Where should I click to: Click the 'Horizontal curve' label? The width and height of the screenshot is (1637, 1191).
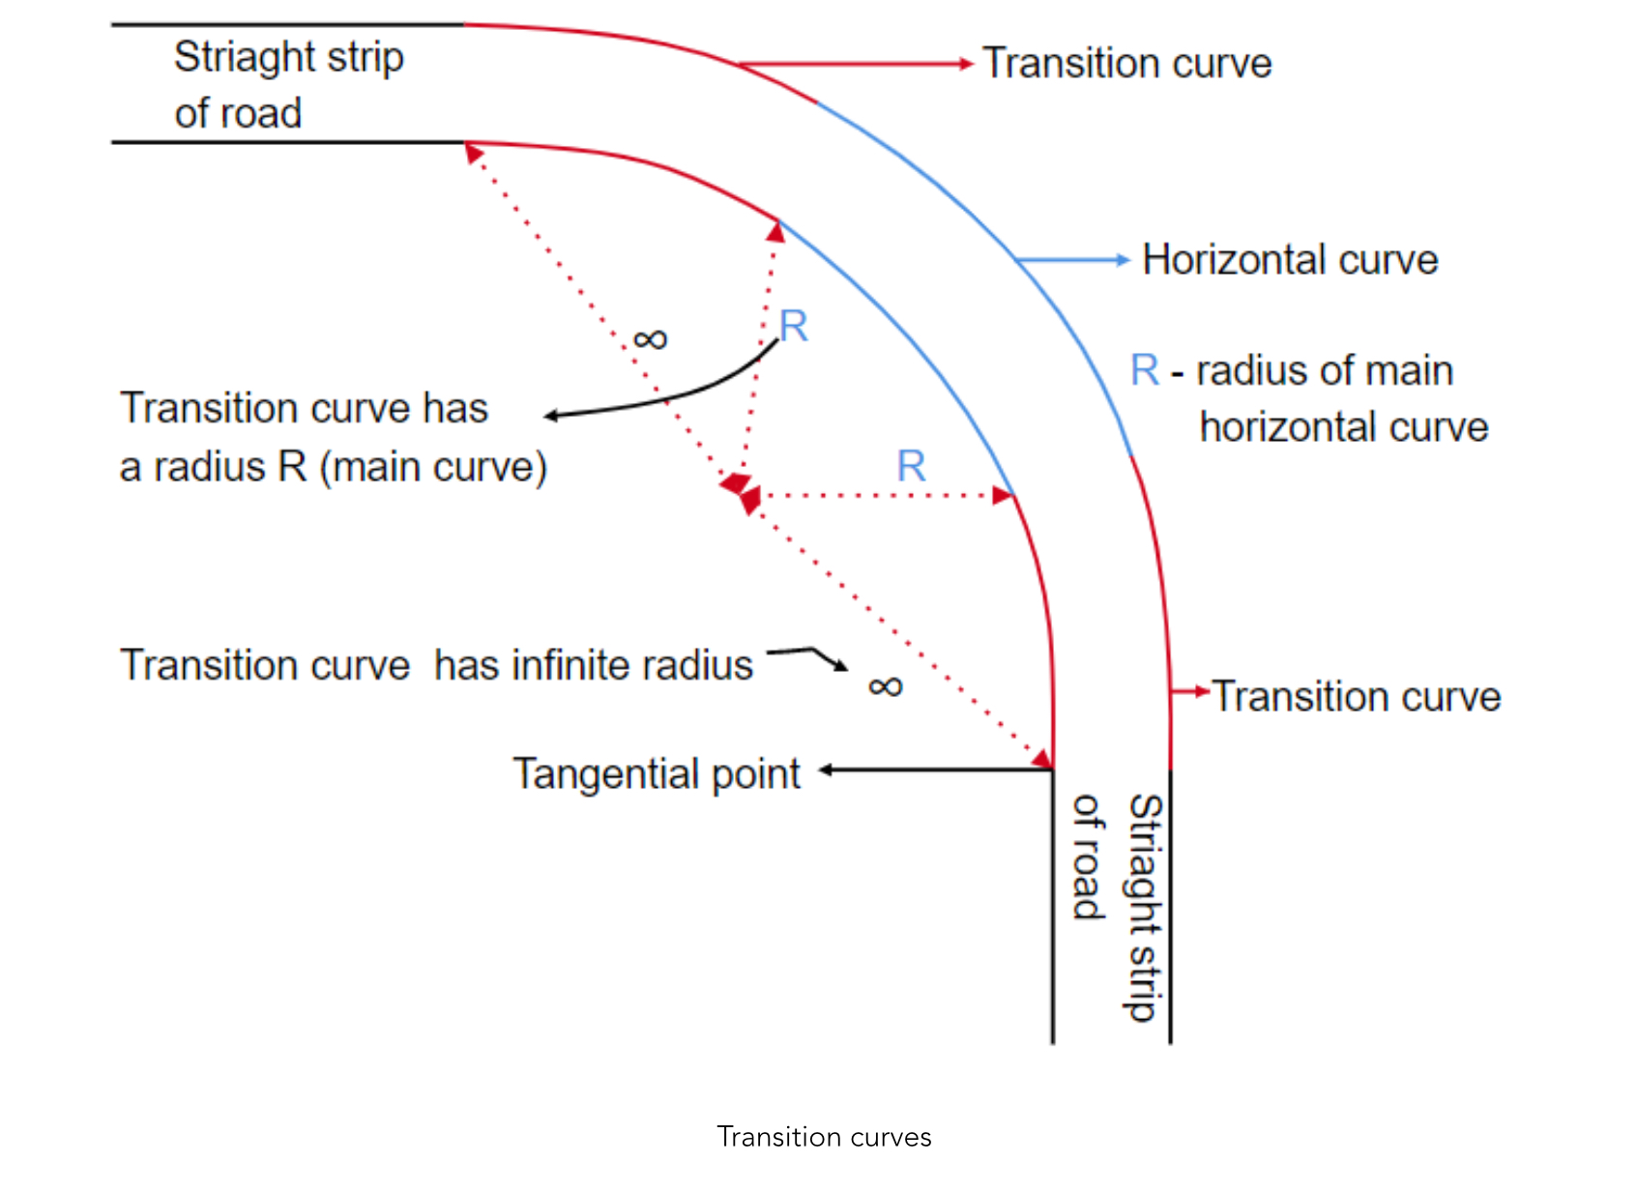tap(1290, 260)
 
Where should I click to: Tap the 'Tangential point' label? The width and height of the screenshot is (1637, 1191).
tap(657, 773)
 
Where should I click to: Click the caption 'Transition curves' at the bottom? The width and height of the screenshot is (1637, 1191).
tap(824, 1137)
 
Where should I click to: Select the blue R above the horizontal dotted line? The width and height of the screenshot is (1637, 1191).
tap(911, 465)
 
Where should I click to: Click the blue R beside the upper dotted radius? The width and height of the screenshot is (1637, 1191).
tap(794, 325)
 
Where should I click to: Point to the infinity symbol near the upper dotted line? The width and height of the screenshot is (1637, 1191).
tap(650, 339)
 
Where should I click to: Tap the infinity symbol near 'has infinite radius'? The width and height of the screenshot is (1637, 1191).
tap(885, 686)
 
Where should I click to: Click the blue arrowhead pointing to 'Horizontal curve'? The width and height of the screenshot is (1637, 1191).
tap(1124, 259)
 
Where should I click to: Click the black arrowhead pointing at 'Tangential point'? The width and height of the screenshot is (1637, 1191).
tap(825, 770)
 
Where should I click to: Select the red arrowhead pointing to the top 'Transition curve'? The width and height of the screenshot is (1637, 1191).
tap(967, 64)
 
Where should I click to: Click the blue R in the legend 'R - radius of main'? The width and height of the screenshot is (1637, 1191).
tap(1145, 369)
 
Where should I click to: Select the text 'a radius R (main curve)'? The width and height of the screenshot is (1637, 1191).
tap(334, 467)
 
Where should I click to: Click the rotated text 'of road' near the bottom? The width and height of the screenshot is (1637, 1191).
tap(1088, 857)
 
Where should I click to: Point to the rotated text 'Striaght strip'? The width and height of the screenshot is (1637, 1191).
tap(1145, 908)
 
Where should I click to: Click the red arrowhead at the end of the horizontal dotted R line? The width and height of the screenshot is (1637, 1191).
tap(1003, 496)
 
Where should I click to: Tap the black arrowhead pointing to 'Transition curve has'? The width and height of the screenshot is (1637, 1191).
tap(551, 416)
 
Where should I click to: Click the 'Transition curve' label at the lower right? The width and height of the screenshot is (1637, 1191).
tap(1357, 696)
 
